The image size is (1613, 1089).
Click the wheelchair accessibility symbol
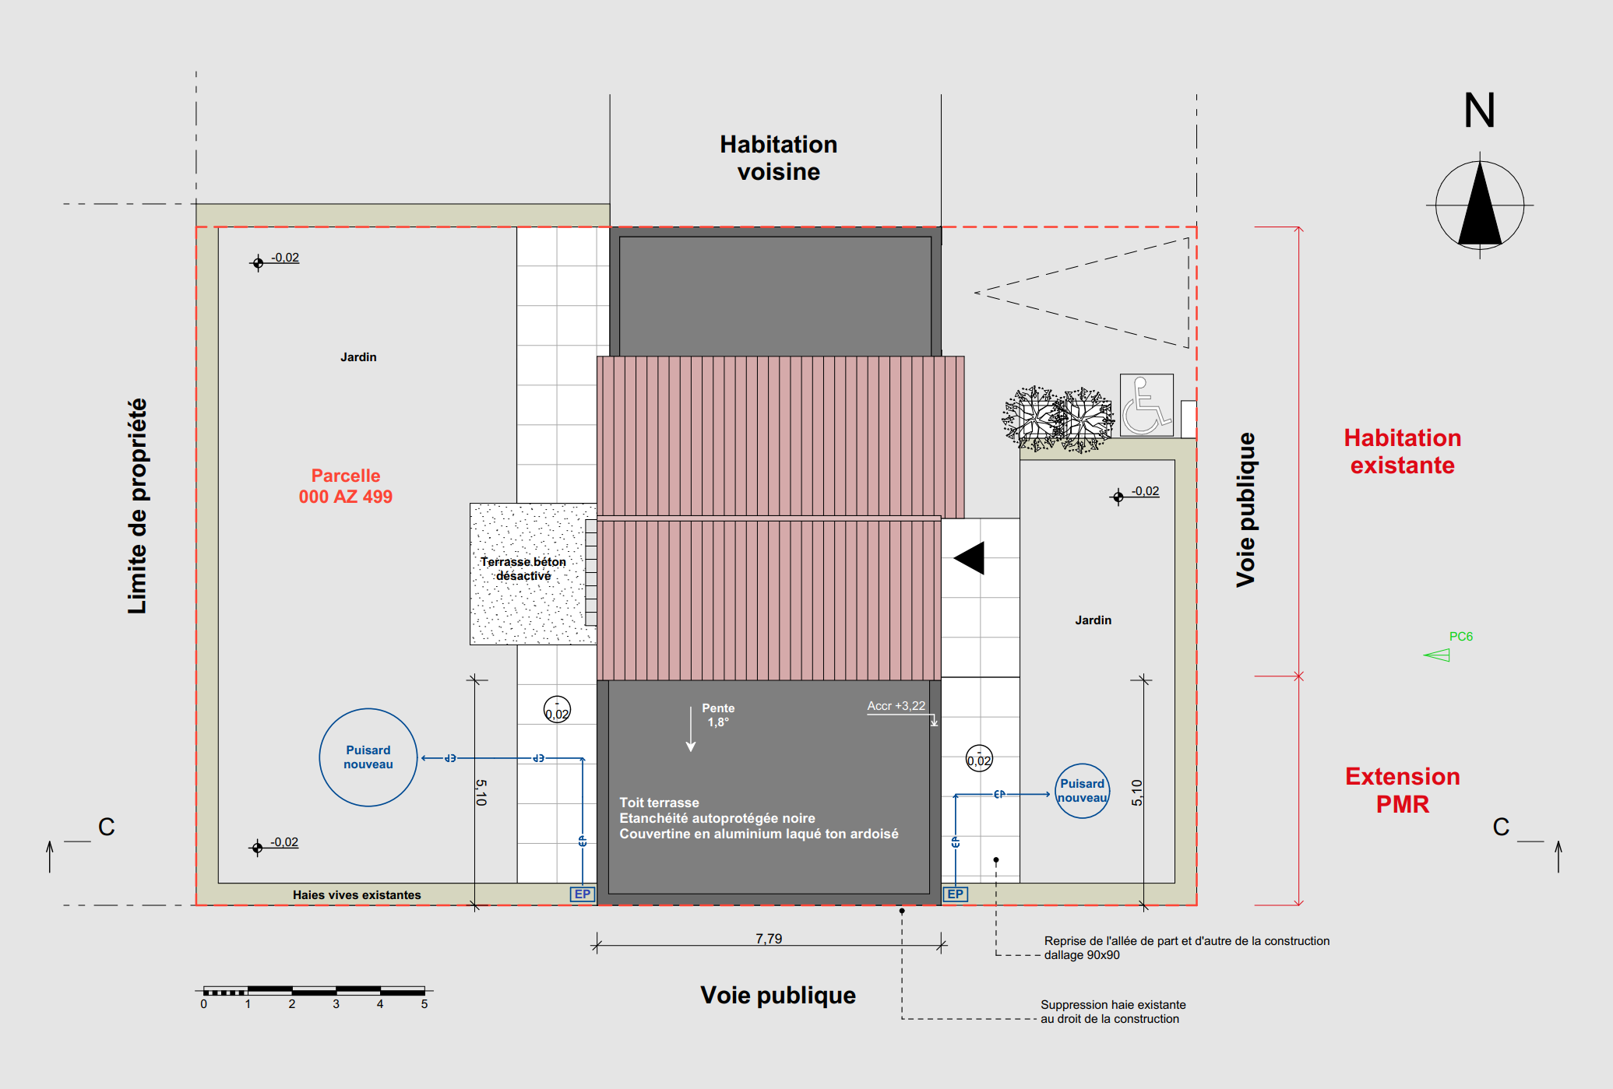point(1146,405)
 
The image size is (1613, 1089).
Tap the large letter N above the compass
point(1479,111)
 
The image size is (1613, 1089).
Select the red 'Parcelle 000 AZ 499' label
point(346,487)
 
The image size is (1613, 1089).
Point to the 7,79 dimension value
point(769,938)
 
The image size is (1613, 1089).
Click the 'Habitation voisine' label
point(778,158)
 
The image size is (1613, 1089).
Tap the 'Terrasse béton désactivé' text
point(523,569)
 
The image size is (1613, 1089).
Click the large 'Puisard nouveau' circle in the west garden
point(368,757)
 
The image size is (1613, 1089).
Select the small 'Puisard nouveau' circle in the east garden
point(1082,791)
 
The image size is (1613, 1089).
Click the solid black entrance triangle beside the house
point(970,558)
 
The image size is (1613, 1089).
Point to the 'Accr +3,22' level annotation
point(896,706)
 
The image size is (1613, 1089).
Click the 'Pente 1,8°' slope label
point(718,715)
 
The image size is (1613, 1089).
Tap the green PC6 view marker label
point(1460,637)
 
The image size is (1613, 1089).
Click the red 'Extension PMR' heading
point(1402,790)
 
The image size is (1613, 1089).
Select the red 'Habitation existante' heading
point(1402,451)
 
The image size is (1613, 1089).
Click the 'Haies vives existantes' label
point(357,895)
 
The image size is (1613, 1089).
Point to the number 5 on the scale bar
point(424,1004)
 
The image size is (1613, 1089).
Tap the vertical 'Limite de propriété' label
point(138,506)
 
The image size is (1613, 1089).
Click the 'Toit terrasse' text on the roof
point(659,803)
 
